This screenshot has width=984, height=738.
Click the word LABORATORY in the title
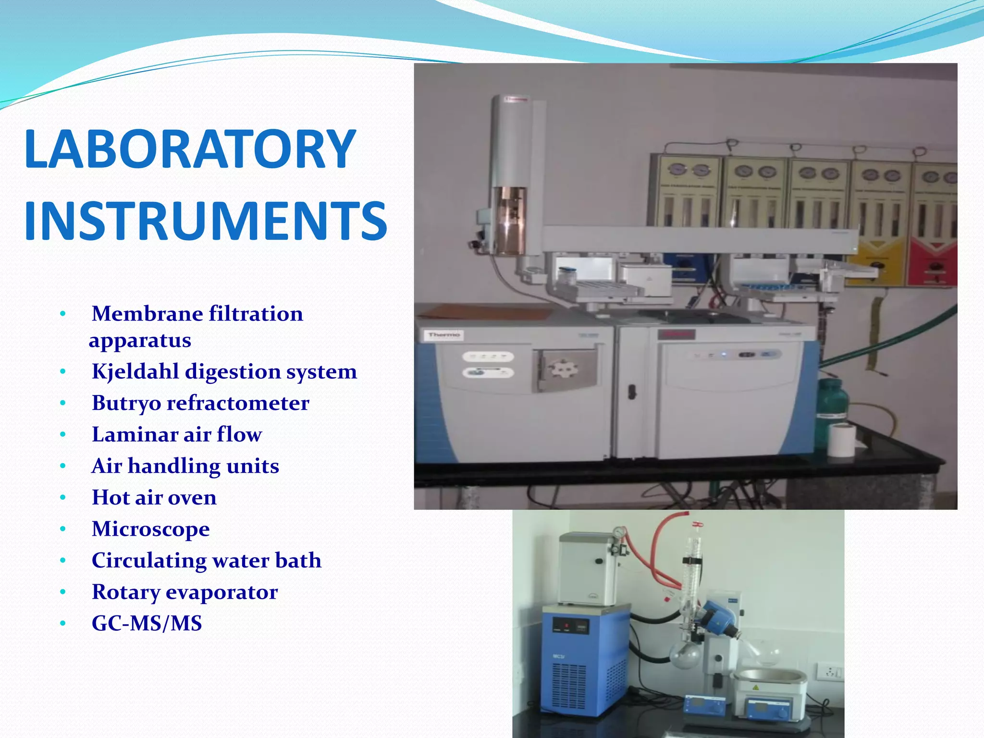coord(190,149)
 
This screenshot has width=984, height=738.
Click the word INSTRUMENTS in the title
coord(206,221)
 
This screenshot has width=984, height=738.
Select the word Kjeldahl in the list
coord(135,371)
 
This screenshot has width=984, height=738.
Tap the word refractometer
coord(237,403)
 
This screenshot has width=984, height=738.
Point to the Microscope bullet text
coord(151,529)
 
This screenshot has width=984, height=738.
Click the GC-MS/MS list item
coord(147,623)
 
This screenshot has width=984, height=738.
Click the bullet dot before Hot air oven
coord(62,498)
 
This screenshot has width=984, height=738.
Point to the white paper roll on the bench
coord(841,440)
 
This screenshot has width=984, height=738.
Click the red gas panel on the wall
coord(932,259)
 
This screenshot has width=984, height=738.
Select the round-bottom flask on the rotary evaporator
coord(685,654)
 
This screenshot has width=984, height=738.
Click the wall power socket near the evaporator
coord(830,671)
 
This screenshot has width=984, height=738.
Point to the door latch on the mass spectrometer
coord(632,392)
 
